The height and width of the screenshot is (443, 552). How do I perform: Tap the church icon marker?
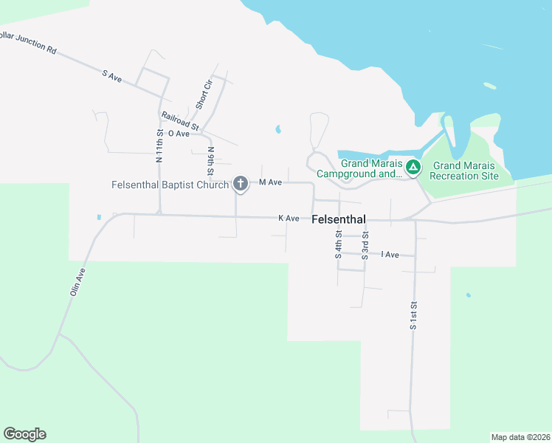tap(240, 183)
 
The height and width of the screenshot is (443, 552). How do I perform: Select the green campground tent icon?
tap(414, 168)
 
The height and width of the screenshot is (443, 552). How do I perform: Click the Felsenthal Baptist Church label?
tap(170, 184)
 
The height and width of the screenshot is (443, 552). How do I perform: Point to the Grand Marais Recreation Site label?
tap(465, 171)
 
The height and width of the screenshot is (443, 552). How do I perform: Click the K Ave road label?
tap(289, 219)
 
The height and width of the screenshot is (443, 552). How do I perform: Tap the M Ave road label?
tap(271, 182)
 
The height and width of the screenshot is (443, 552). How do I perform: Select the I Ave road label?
tap(390, 255)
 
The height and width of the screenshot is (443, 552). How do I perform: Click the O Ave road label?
tap(179, 134)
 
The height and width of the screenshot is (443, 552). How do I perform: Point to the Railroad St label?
tap(181, 121)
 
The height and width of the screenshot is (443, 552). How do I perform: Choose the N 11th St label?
tap(159, 145)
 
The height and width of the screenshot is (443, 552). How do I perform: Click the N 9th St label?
tap(211, 162)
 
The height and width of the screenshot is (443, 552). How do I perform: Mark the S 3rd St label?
tap(365, 245)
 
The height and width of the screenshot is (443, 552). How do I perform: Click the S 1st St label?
tap(414, 315)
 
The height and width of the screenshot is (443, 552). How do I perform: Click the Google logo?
tap(24, 434)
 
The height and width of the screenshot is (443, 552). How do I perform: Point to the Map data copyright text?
tap(520, 437)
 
